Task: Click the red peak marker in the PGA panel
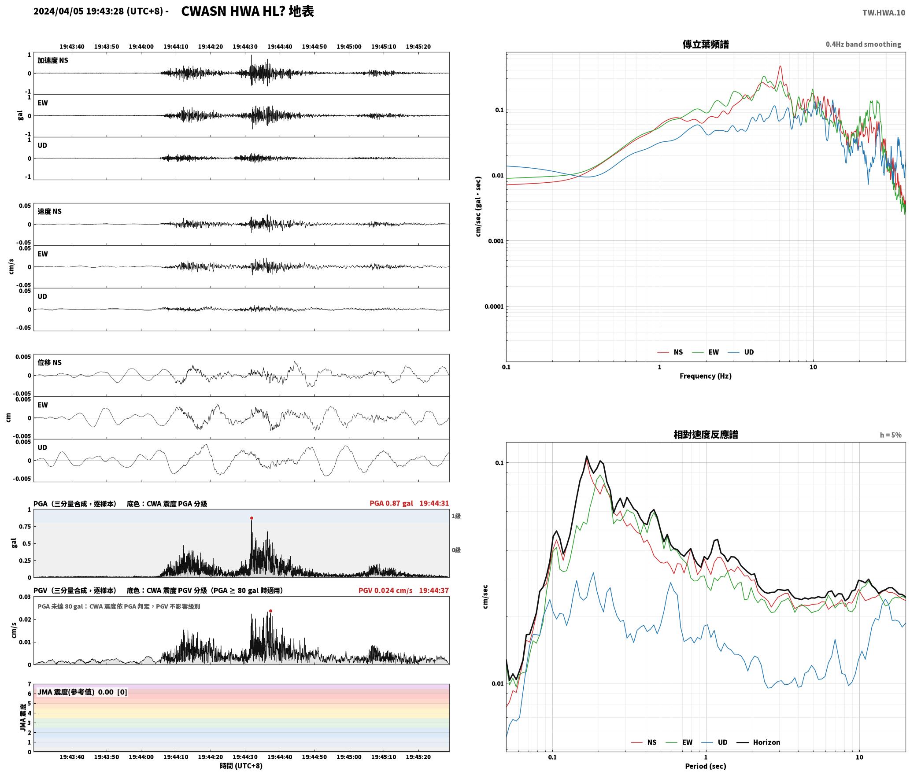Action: (x=252, y=518)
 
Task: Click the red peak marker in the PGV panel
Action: (x=270, y=611)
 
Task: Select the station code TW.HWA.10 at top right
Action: (x=884, y=13)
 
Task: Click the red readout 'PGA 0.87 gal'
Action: (x=391, y=503)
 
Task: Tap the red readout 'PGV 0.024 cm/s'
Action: (x=385, y=590)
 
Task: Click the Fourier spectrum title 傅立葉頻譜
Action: (x=706, y=44)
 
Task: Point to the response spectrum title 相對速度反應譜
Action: (x=706, y=435)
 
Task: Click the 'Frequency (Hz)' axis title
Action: (x=706, y=376)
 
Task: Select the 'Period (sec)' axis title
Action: (x=706, y=766)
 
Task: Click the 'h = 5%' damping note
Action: (x=891, y=435)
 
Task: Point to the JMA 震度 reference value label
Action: (x=82, y=692)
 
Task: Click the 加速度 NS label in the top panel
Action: (x=53, y=60)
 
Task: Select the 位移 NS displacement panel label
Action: (x=50, y=362)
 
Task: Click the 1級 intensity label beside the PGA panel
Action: (x=456, y=516)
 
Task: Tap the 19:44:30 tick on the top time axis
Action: (x=245, y=47)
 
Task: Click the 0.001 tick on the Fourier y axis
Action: (x=496, y=241)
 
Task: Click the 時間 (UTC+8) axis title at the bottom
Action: (x=241, y=766)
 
